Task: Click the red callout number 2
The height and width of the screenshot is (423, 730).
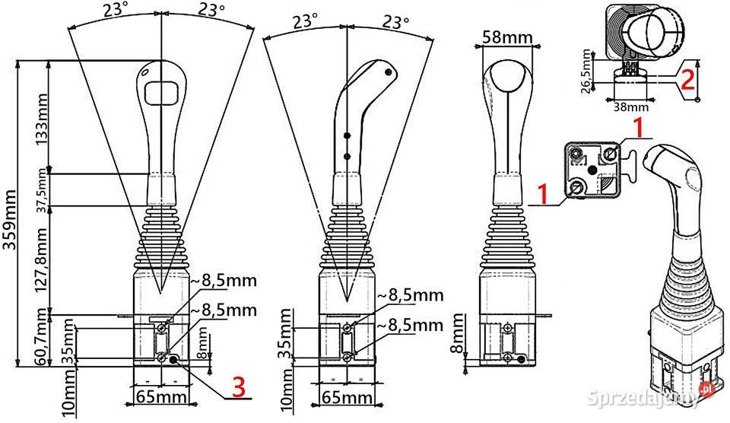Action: click(687, 78)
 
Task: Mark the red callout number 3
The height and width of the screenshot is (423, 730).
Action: click(239, 387)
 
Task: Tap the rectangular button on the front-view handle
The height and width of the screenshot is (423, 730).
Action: click(161, 91)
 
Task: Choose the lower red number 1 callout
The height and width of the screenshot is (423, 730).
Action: click(541, 193)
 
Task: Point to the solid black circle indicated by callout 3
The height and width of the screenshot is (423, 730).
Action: click(174, 360)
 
